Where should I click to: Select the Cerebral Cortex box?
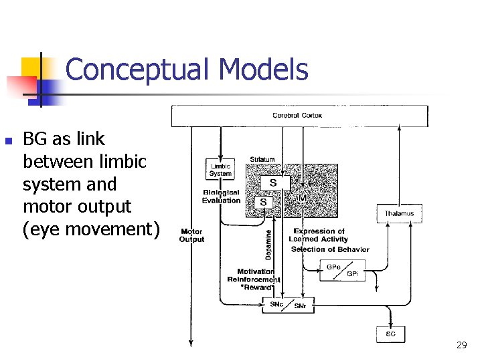(299, 116)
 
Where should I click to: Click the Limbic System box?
(220, 170)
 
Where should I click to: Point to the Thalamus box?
(399, 214)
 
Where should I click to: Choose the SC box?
(390, 334)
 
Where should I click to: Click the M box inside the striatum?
(302, 199)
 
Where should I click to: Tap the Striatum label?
(262, 159)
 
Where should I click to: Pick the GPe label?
(333, 267)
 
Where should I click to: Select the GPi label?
(352, 274)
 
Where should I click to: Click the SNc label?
(276, 304)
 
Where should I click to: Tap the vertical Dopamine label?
(268, 245)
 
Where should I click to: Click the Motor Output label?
(191, 235)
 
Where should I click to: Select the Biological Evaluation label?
(221, 197)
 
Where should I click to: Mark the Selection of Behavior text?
(330, 249)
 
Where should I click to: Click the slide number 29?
(461, 345)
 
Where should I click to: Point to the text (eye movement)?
(92, 229)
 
